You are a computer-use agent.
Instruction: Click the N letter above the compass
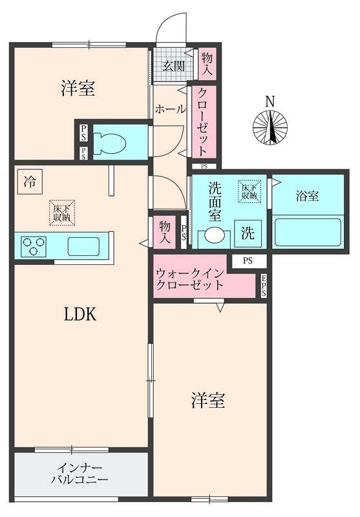click(270, 101)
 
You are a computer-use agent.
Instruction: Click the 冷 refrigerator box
click(27, 181)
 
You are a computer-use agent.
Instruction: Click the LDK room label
click(79, 315)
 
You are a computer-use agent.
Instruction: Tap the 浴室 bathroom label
click(308, 196)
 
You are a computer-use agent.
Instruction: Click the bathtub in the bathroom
click(308, 231)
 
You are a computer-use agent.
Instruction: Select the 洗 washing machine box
click(248, 234)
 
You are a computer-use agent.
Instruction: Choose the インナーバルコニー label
click(80, 474)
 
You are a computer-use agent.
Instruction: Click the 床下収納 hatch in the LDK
click(63, 213)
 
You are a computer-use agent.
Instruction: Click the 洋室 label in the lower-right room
click(208, 401)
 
